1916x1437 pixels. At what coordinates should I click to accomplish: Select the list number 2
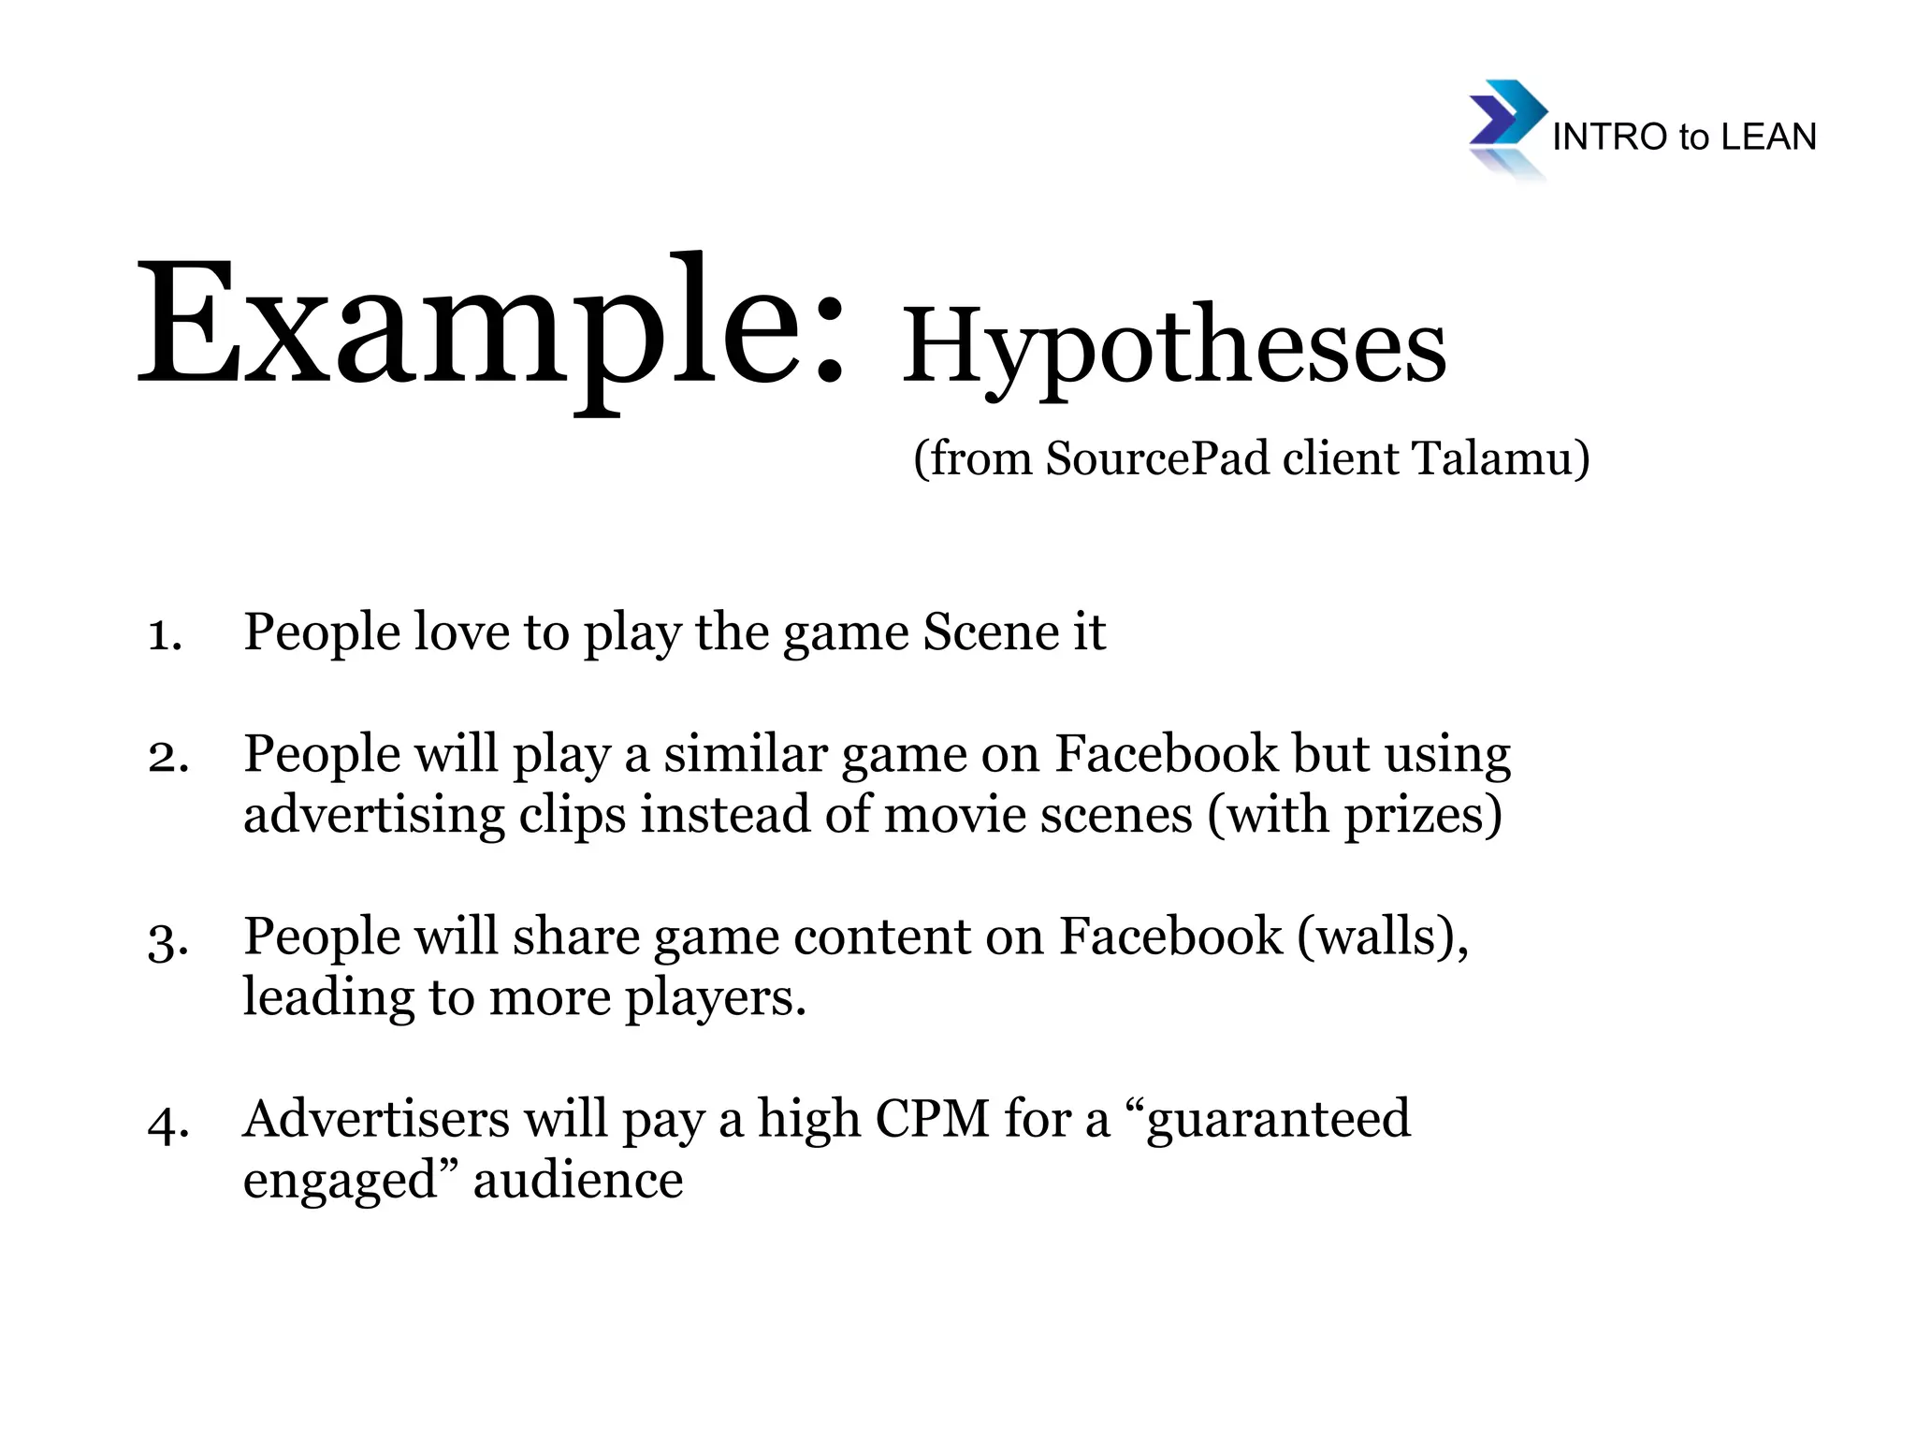coord(168,756)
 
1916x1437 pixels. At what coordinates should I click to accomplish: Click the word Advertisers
coord(375,1119)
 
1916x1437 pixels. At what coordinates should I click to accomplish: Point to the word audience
coord(578,1181)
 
